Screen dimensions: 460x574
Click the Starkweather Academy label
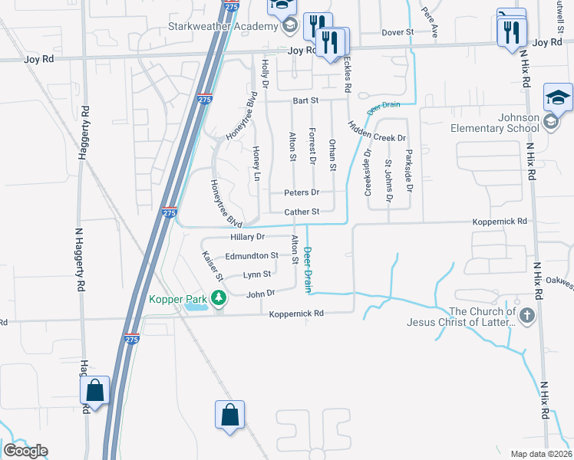tap(223, 27)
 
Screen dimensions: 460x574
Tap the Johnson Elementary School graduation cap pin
tap(558, 97)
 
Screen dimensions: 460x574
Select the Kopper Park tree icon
tap(219, 297)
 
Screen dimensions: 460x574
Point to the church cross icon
tap(527, 316)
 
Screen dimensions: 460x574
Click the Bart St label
tap(305, 100)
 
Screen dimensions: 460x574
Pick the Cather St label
tap(302, 212)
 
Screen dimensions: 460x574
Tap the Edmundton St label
tap(252, 255)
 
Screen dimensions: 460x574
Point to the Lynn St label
tap(257, 274)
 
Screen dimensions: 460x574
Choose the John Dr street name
tap(260, 293)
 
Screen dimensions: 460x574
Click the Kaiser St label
tap(212, 265)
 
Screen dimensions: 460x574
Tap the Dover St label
tap(398, 33)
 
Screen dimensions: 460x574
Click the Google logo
tap(25, 451)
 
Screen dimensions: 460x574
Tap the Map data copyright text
tap(541, 454)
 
